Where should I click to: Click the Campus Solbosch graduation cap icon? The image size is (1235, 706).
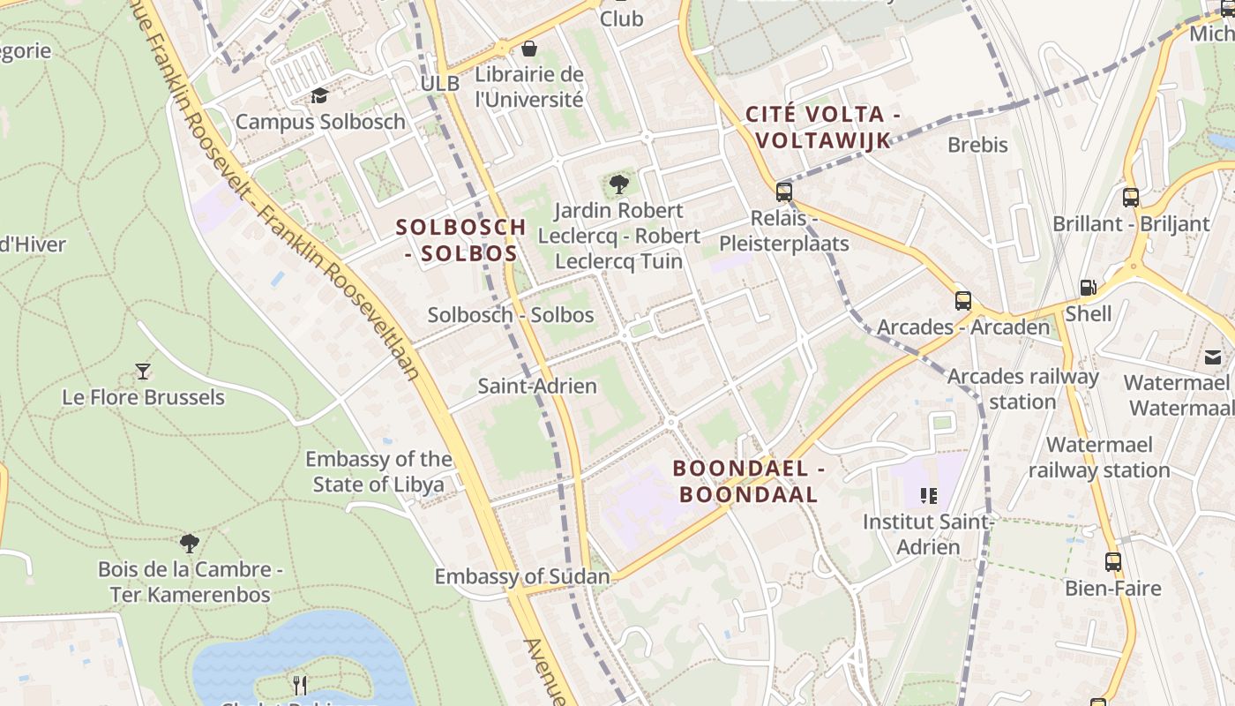[x=319, y=95]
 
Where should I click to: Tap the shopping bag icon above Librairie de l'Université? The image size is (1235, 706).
[x=529, y=48]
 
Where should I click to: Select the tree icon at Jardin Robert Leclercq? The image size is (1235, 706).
[x=619, y=184]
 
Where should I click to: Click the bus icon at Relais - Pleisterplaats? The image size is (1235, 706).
[x=783, y=192]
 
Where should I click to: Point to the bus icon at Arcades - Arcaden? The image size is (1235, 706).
[x=963, y=301]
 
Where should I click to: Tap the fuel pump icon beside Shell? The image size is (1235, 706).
[x=1089, y=288]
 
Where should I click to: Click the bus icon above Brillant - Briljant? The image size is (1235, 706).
[x=1131, y=198]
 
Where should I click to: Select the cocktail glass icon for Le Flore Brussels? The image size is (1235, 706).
[x=143, y=371]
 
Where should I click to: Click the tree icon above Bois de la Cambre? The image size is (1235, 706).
[x=189, y=543]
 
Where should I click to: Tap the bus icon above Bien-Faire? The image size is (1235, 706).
[x=1113, y=561]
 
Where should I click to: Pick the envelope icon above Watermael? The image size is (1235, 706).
[x=1213, y=357]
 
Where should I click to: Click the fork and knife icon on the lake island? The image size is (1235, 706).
[x=300, y=684]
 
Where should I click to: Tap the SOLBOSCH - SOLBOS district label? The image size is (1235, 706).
[x=460, y=240]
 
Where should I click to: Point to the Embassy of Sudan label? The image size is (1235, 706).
[x=521, y=577]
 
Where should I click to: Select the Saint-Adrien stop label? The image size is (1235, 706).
[x=536, y=386]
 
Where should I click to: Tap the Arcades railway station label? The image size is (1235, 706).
[x=1022, y=389]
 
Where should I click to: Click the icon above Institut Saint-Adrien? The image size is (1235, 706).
[x=927, y=496]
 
